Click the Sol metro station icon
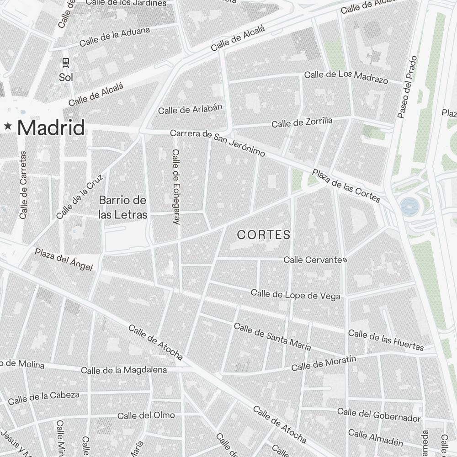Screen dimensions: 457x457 [66, 62]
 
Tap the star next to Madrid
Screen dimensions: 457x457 [8, 127]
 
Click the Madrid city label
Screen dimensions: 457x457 [51, 128]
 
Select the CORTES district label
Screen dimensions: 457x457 [264, 235]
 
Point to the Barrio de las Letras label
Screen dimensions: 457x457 [123, 207]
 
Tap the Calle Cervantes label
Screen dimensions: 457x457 [315, 260]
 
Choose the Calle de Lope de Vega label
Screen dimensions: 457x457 [295, 295]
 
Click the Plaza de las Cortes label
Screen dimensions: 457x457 [346, 186]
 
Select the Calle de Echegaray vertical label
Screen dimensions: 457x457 [176, 186]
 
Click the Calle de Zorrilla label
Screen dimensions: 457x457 [302, 122]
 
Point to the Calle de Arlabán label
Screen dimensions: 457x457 [190, 109]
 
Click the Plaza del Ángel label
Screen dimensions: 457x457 [64, 260]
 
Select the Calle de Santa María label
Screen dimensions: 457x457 [272, 337]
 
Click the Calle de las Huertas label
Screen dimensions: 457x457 [386, 340]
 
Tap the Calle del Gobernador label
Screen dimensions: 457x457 [378, 414]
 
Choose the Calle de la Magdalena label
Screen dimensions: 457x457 [124, 370]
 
